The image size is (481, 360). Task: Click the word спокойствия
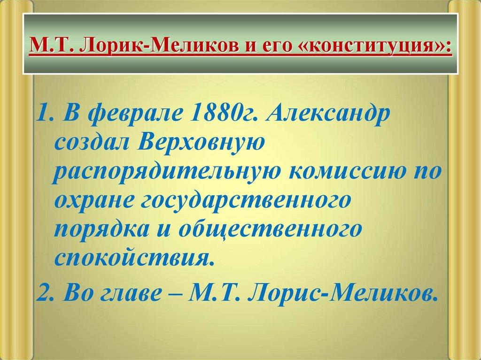pyautogui.click(x=131, y=258)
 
